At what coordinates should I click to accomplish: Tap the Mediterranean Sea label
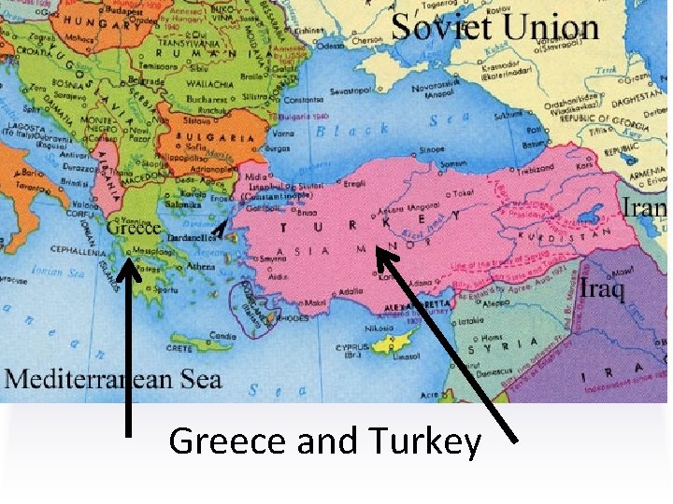[x=113, y=378]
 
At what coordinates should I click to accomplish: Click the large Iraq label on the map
[x=602, y=287]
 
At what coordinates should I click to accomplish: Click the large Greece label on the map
[x=134, y=227]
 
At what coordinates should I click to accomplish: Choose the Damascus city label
[x=484, y=371]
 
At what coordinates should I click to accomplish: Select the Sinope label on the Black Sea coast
[x=431, y=148]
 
